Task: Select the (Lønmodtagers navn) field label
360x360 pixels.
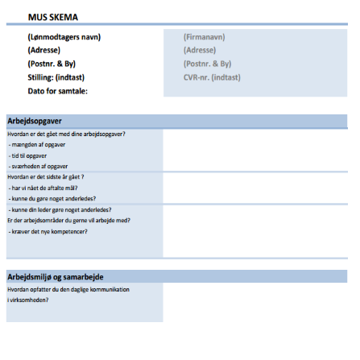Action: (64, 37)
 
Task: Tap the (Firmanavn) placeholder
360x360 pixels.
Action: (205, 37)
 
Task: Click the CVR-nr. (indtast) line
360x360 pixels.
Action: (213, 77)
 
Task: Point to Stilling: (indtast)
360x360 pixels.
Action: (56, 77)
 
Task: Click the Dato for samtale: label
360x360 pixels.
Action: (57, 90)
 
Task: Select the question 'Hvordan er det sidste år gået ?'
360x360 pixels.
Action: (46, 176)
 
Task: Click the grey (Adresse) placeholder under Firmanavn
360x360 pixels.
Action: (200, 50)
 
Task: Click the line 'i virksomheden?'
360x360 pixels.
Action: (27, 300)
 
